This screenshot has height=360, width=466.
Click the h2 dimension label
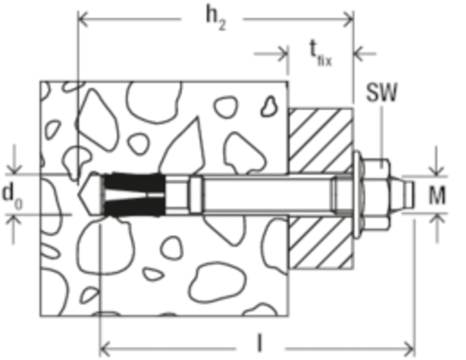[x=216, y=20]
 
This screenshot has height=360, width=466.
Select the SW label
[x=381, y=92]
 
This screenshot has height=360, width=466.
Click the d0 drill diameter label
[x=12, y=195]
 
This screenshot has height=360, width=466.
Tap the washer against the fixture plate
[x=358, y=195]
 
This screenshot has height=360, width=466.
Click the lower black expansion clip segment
[x=134, y=206]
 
